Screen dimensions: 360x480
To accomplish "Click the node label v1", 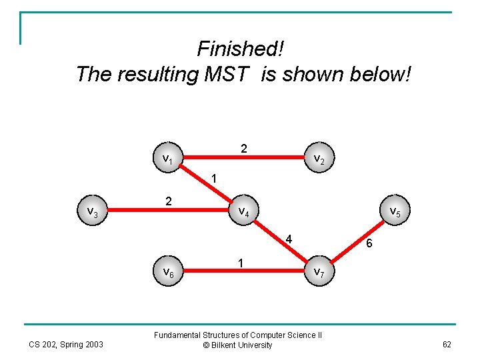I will (168, 159).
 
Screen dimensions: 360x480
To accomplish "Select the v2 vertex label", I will (319, 159).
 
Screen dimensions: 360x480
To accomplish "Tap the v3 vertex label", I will (93, 212).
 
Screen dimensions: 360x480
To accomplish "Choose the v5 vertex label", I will (394, 212).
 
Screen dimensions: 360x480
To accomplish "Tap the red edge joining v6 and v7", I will (243, 271).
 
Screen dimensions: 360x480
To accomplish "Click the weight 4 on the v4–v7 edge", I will (288, 239).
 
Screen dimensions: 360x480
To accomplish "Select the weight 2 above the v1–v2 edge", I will (244, 148).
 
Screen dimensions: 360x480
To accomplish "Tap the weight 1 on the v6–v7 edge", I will (240, 263).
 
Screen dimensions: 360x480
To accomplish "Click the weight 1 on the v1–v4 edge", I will (213, 179).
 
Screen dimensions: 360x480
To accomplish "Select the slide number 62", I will (446, 345).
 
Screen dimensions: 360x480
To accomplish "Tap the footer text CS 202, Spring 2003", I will (66, 345).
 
